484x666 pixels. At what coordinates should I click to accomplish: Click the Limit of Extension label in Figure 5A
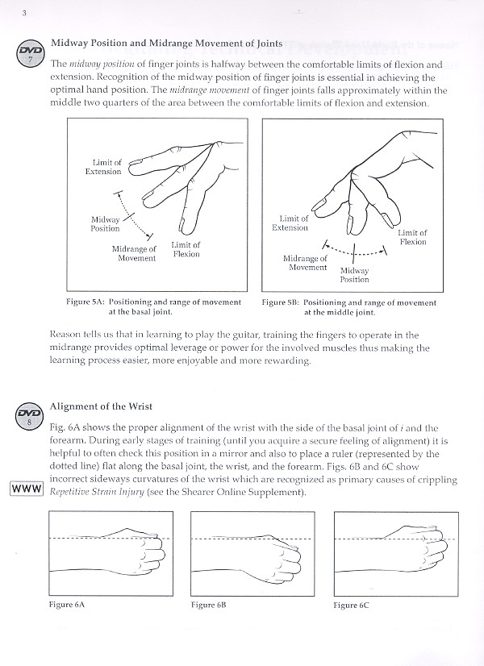(104, 167)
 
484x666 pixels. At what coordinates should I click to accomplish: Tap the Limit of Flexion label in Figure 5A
(185, 249)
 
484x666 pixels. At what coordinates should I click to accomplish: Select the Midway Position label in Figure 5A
(105, 223)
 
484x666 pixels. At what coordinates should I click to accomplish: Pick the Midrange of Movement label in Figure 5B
(306, 262)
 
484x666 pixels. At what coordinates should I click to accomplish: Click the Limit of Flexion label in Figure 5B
(412, 237)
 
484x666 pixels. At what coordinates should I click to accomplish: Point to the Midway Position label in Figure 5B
(355, 275)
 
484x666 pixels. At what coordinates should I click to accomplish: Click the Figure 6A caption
(65, 604)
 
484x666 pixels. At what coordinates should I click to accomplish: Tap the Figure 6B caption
(209, 604)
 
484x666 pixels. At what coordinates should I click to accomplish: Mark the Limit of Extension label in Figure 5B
(290, 223)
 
